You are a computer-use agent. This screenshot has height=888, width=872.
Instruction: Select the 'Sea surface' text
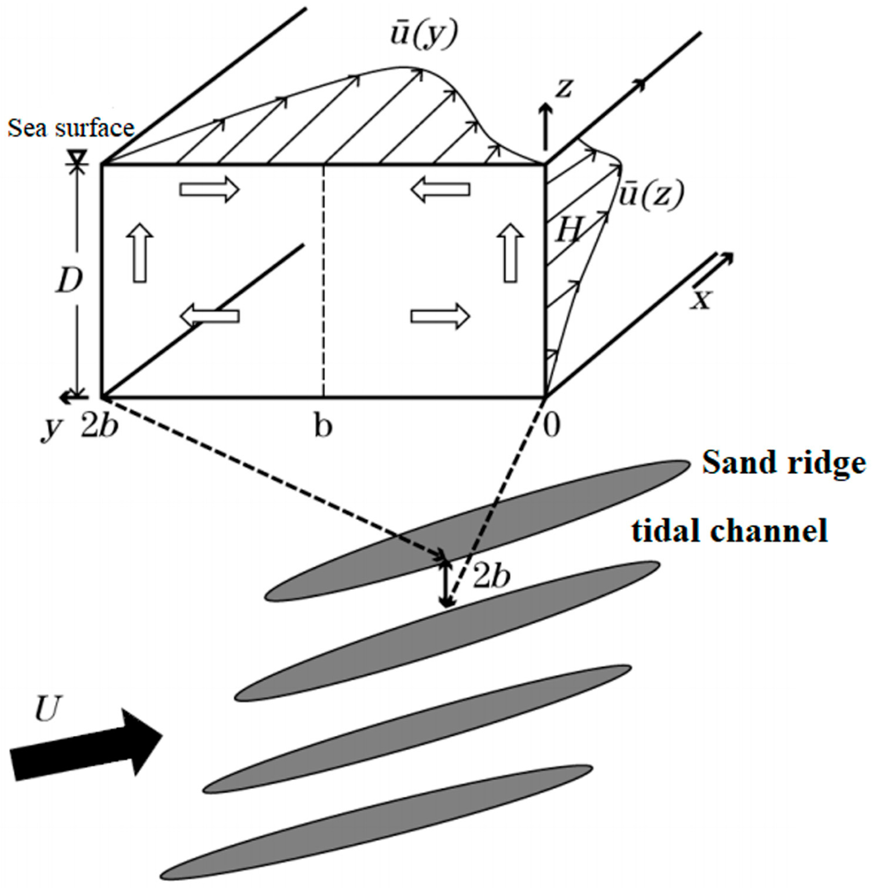[71, 128]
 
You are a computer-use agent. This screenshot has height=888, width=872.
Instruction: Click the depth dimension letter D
[70, 282]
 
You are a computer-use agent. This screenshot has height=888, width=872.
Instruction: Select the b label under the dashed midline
[324, 426]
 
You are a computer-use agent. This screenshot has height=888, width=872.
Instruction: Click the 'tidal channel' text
[729, 530]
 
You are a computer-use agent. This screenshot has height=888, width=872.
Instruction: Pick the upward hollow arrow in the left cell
[141, 252]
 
